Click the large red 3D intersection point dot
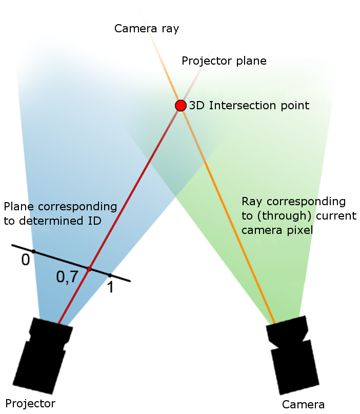click(x=181, y=106)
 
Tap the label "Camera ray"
click(x=147, y=28)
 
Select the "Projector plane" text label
click(x=224, y=61)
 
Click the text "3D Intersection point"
click(x=249, y=106)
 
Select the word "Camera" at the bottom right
click(x=304, y=404)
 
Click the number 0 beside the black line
click(x=25, y=261)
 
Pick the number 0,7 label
click(x=67, y=278)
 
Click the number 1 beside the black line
click(x=110, y=287)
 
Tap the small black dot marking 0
click(x=33, y=251)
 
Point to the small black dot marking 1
click(x=110, y=275)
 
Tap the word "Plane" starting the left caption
click(x=18, y=207)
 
